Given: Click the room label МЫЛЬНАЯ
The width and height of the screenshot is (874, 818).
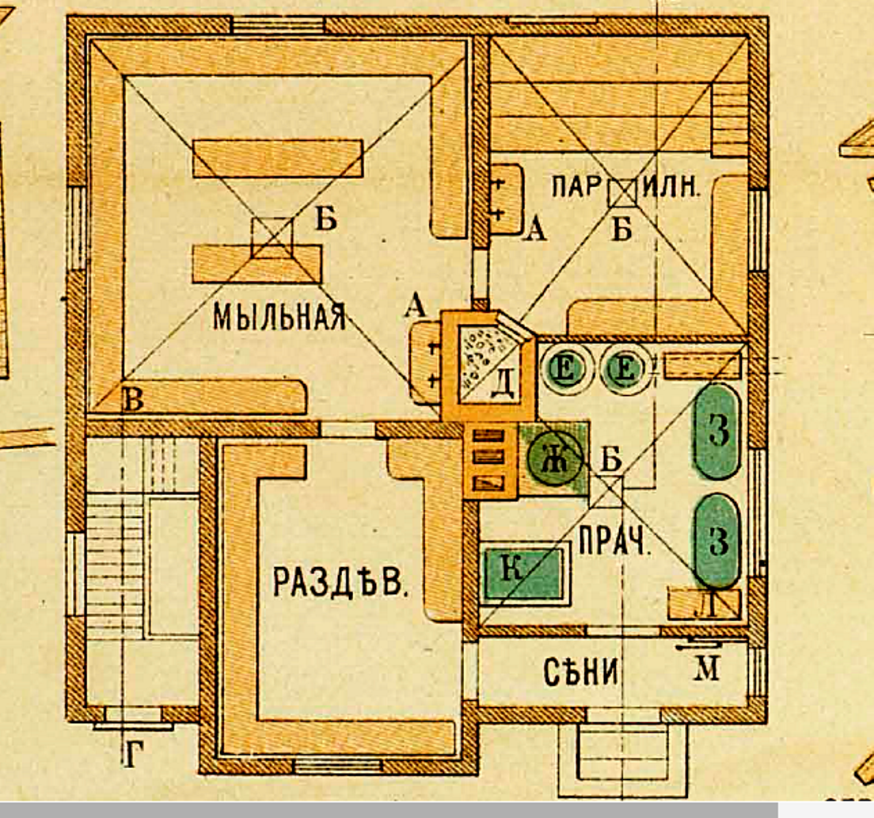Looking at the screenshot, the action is pyautogui.click(x=279, y=318).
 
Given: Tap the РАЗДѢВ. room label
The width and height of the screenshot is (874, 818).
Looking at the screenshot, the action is pyautogui.click(x=340, y=581).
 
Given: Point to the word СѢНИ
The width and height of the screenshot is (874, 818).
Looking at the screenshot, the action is pyautogui.click(x=581, y=672).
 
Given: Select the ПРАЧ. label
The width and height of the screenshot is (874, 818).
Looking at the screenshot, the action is pyautogui.click(x=614, y=540).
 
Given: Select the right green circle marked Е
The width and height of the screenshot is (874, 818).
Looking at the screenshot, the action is pyautogui.click(x=625, y=369).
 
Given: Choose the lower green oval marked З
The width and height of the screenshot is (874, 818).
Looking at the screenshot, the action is pyautogui.click(x=717, y=540).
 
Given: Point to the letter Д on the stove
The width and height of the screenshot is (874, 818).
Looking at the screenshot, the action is pyautogui.click(x=503, y=383).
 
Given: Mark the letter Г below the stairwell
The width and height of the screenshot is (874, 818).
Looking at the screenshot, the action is pyautogui.click(x=133, y=755).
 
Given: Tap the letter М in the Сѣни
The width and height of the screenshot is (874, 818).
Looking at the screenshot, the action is pyautogui.click(x=707, y=668).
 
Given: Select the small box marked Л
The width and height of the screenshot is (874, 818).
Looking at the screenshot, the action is pyautogui.click(x=705, y=604).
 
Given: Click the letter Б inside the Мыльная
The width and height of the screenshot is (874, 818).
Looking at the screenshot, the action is pyautogui.click(x=326, y=218).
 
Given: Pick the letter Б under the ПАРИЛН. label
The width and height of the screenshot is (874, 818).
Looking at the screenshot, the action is pyautogui.click(x=621, y=228).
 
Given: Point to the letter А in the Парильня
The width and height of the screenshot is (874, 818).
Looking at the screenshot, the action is pyautogui.click(x=536, y=228).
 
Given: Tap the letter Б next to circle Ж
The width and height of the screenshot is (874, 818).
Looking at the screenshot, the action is pyautogui.click(x=611, y=459).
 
